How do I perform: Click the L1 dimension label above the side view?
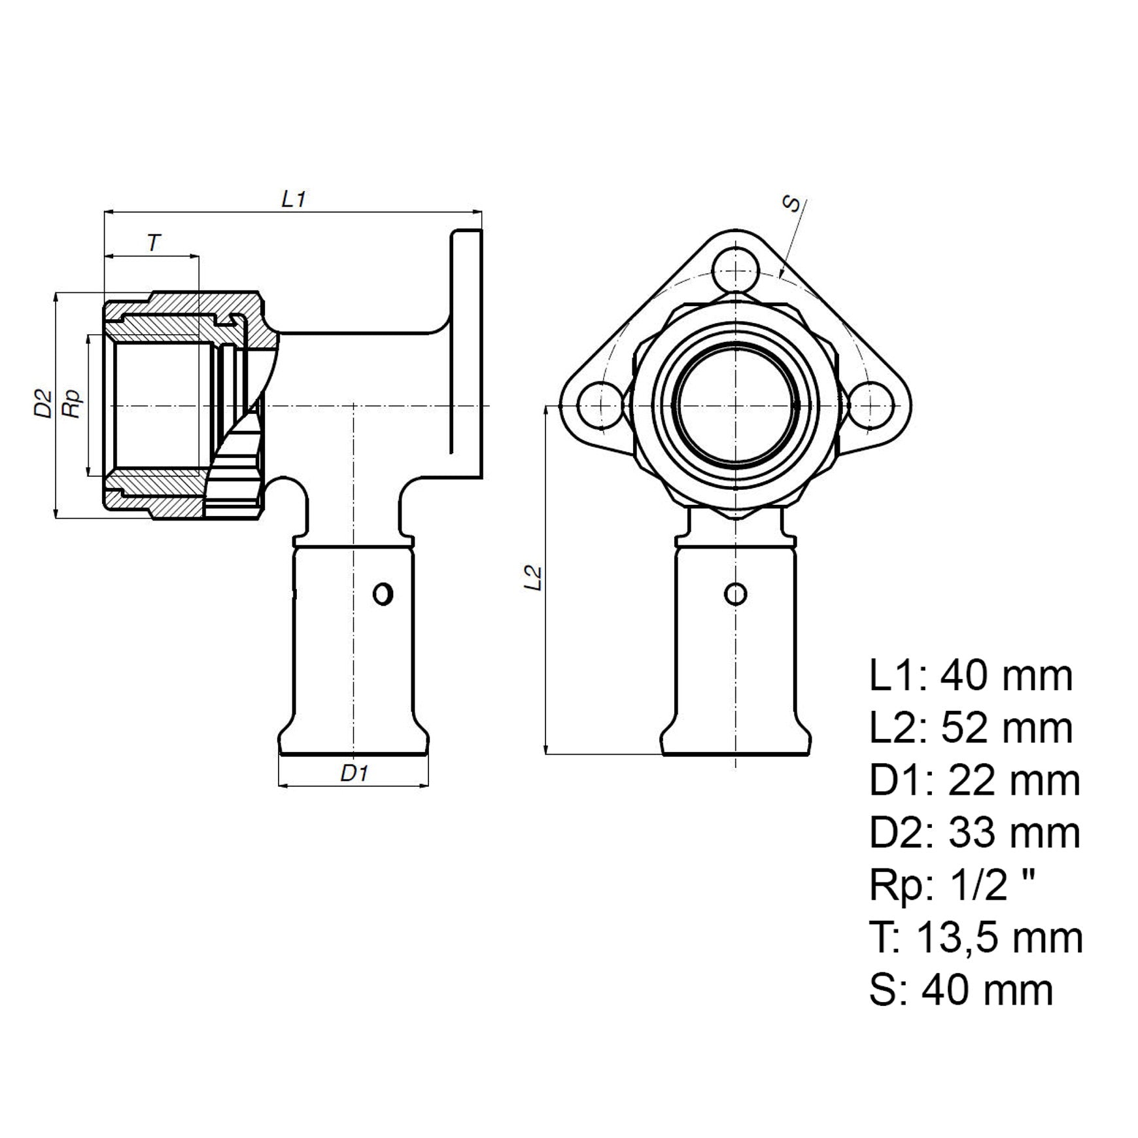point(294,199)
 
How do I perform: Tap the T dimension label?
point(153,243)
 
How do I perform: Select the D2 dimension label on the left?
point(43,404)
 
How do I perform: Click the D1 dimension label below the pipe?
point(354,773)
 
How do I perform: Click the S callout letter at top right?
point(792,204)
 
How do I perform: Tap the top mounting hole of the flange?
point(736,270)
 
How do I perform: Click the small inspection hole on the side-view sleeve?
point(383,595)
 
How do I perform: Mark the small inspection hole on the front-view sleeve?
point(736,595)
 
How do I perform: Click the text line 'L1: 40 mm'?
point(971,676)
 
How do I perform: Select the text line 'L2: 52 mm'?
point(971,728)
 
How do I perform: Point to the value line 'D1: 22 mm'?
point(974,780)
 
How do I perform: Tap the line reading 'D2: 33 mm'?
point(974,833)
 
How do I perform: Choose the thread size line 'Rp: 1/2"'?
point(952,886)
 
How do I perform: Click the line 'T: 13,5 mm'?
point(976,938)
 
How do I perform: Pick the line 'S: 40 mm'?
point(961,990)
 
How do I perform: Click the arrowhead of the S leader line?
point(781,277)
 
